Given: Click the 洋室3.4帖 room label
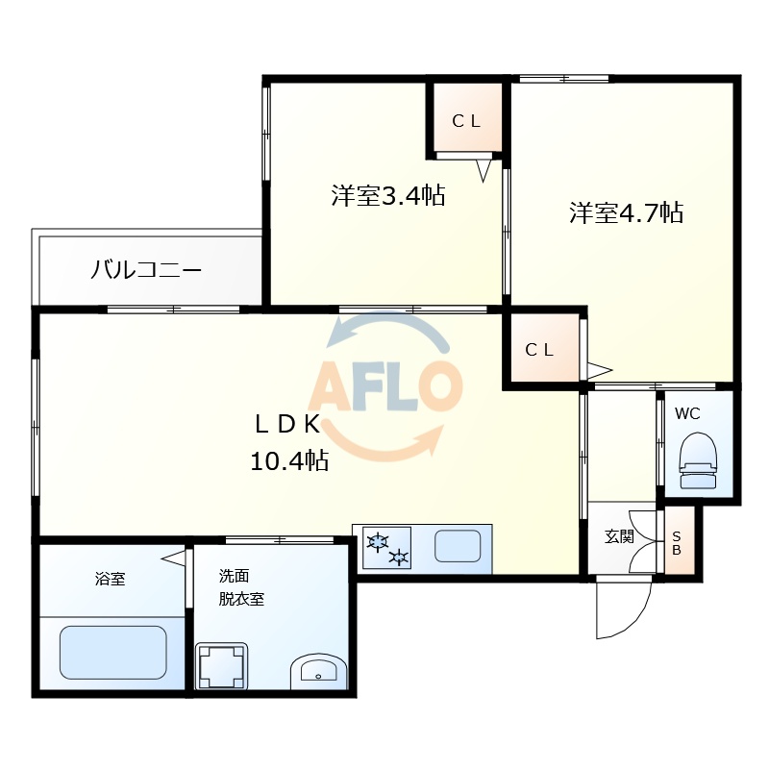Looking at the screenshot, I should point(387,196).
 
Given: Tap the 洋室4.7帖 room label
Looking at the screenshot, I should point(626,212).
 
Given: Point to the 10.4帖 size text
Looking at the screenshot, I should point(288,461).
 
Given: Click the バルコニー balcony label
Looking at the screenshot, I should point(146,269).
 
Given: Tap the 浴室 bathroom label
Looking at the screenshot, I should point(110,579).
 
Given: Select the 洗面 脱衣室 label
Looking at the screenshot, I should point(240,587).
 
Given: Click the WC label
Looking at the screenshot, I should point(687,414).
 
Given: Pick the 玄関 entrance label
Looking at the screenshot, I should point(619,536).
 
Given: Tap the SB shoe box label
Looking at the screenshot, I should point(676,543).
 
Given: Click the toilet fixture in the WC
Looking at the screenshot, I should point(699,462).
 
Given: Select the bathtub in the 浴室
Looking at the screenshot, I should point(112,653).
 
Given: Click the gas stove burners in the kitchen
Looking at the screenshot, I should point(386,548).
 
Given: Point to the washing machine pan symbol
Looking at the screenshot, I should point(222,666).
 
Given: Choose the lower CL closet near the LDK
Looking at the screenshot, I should point(539,350).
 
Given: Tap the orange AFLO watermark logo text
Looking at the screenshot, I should point(384,386).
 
